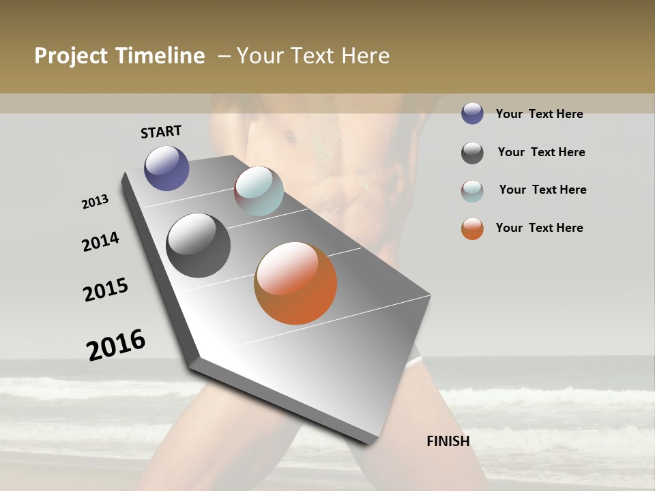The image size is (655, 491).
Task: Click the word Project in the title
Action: (71, 57)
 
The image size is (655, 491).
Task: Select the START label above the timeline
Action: (161, 132)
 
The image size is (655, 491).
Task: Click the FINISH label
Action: (448, 441)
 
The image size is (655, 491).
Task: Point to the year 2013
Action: (96, 202)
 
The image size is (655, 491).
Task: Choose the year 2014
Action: (101, 241)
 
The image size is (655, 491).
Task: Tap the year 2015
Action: (106, 290)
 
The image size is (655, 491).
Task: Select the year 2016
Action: (116, 345)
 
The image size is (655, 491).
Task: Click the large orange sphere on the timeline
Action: (295, 283)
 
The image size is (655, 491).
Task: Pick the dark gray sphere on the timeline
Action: (199, 245)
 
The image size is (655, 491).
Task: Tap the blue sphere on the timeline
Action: (166, 168)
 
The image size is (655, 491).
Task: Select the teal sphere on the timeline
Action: (259, 191)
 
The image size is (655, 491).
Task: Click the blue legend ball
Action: (472, 113)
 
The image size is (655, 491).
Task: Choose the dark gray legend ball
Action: (472, 153)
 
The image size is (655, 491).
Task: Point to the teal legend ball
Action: (472, 191)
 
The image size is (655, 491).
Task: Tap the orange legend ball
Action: (472, 228)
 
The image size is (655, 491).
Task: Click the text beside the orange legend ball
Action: (539, 228)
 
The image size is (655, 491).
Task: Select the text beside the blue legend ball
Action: (539, 114)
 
